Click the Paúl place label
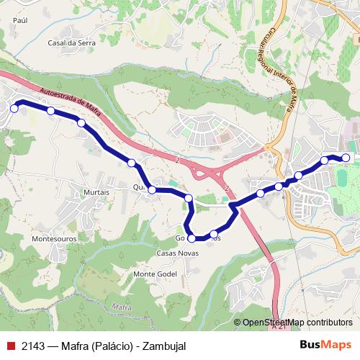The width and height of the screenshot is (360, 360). pyautogui.click(x=19, y=21)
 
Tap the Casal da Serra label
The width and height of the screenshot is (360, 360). pyautogui.click(x=67, y=42)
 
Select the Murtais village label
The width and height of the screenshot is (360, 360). pyautogui.click(x=96, y=192)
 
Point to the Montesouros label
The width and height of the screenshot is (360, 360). pyautogui.click(x=54, y=237)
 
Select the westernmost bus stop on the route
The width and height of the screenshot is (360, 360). pyautogui.click(x=14, y=109)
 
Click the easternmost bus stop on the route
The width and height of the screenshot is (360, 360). pyautogui.click(x=346, y=158)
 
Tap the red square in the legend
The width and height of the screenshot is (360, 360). pyautogui.click(x=10, y=346)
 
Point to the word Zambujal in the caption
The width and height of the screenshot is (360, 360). pyautogui.click(x=164, y=346)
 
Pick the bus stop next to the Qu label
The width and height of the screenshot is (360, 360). pyautogui.click(x=152, y=189)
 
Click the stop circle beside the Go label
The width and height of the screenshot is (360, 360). pyautogui.click(x=192, y=238)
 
